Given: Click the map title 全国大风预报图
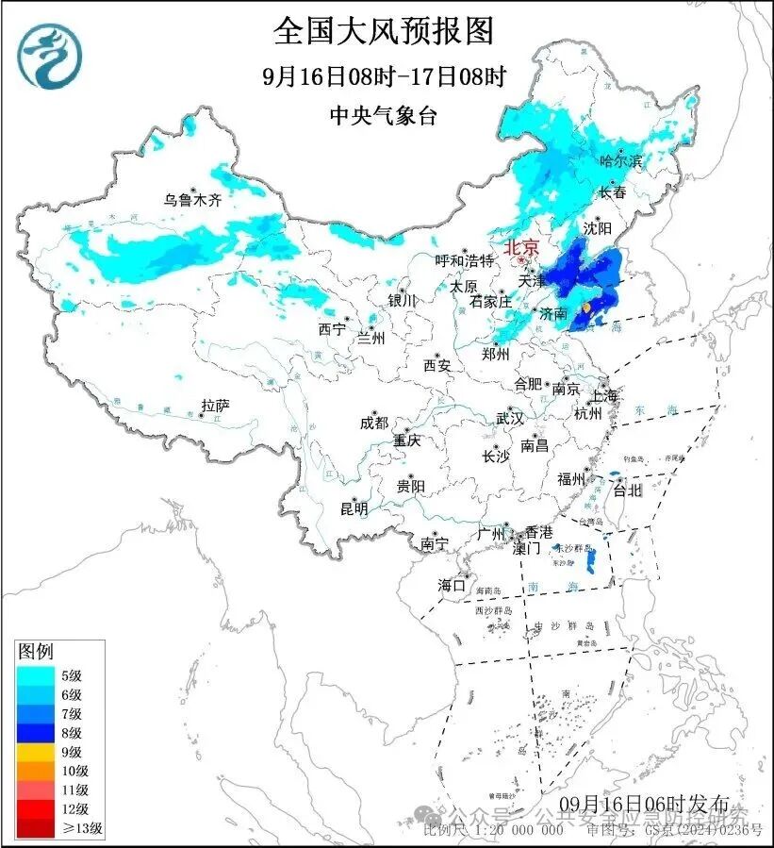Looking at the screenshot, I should (x=384, y=31).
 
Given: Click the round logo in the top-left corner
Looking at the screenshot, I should (x=51, y=58).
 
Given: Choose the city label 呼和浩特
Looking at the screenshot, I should (x=464, y=260).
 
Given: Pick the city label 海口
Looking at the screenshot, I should (x=452, y=586).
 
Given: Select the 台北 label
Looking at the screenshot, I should (x=627, y=490).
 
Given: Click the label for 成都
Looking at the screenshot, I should (x=373, y=424).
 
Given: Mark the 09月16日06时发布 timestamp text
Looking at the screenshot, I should (x=644, y=803).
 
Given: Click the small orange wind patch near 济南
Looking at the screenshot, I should (x=586, y=308).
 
